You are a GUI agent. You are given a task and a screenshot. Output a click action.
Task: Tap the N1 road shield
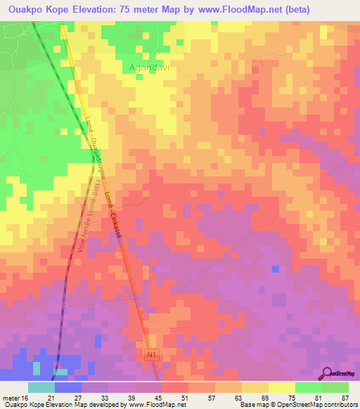click(x=153, y=356)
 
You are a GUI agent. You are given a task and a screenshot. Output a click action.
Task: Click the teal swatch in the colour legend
click(x=41, y=387)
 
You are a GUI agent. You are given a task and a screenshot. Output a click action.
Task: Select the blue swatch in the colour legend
click(x=68, y=387)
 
